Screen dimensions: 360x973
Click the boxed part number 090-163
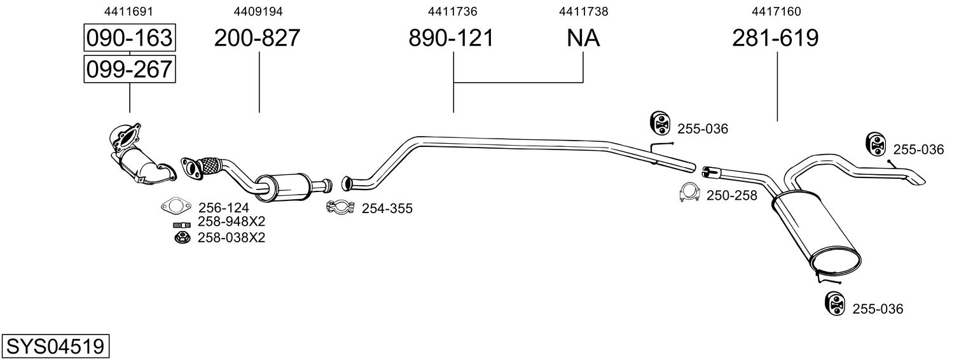pos(129,38)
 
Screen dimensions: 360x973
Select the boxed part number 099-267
pos(129,69)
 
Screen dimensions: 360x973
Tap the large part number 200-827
pos(257,38)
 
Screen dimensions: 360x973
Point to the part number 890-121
pos(451,38)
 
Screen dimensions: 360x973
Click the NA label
pos(583,38)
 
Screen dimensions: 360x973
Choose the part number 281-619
pos(775,38)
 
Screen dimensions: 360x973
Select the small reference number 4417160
pos(776,11)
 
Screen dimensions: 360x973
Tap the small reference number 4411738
pos(583,11)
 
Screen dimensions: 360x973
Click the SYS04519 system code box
pos(55,347)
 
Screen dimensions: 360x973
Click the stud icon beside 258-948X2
pos(182,224)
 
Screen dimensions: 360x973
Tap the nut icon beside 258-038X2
pos(182,238)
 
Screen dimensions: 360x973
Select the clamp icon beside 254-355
pos(340,207)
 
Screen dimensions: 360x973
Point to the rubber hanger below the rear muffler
pos(833,303)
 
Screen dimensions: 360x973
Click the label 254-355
pos(387,208)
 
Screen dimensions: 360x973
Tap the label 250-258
pos(731,195)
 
